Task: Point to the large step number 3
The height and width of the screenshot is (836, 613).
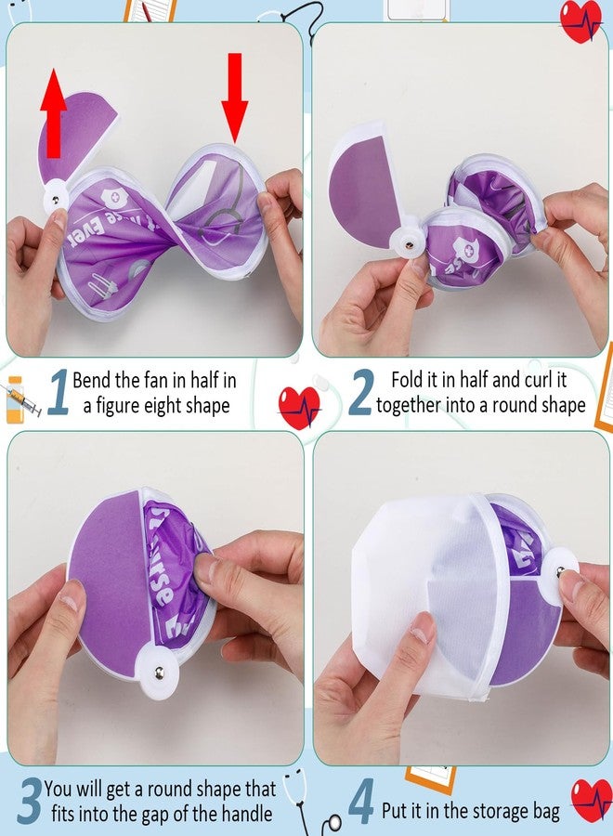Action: tap(30, 801)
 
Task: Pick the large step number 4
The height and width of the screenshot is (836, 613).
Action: tap(361, 804)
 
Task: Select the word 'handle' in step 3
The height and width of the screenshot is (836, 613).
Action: tap(243, 814)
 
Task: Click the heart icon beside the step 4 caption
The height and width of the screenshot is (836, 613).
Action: tap(592, 799)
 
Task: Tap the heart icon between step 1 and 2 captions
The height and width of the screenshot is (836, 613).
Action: tap(299, 407)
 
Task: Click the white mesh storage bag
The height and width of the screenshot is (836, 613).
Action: tap(409, 594)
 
